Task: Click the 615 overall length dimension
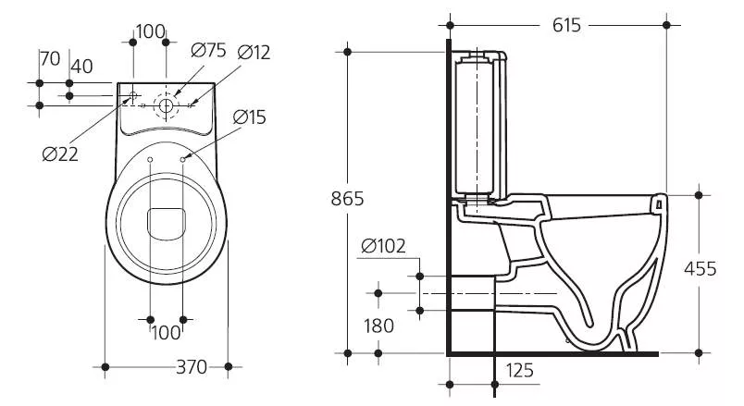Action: click(x=566, y=25)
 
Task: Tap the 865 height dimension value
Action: click(x=347, y=199)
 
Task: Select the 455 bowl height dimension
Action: click(x=700, y=269)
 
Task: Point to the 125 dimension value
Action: click(x=519, y=371)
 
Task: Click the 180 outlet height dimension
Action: click(x=378, y=326)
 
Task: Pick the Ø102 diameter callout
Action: click(x=383, y=246)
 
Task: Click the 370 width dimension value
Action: click(x=192, y=366)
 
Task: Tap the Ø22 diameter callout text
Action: click(x=60, y=154)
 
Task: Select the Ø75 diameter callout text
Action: click(x=209, y=50)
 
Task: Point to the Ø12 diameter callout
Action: click(x=254, y=53)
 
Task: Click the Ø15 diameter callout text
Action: click(x=250, y=117)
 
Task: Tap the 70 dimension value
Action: click(x=50, y=59)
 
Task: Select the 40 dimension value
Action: click(x=81, y=67)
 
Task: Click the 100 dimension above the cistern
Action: click(x=151, y=31)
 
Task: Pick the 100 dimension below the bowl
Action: click(x=166, y=333)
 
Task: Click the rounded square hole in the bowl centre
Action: click(x=166, y=224)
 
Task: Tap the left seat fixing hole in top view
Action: click(x=150, y=159)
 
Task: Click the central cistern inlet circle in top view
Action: click(x=166, y=105)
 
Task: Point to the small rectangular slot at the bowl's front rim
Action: click(x=659, y=204)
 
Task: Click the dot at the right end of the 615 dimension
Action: click(x=666, y=25)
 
